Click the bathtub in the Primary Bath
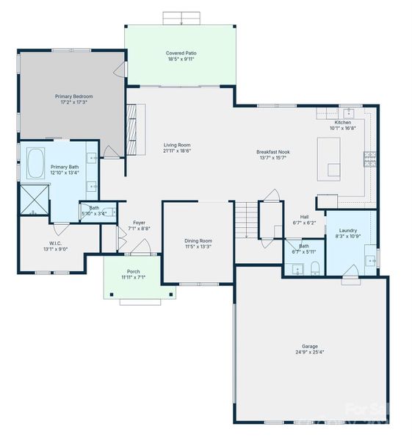coord(36,163)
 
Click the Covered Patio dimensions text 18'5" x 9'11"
coord(181,60)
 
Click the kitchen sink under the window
coord(347,112)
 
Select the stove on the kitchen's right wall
coord(370,157)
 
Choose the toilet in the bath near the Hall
coord(314,267)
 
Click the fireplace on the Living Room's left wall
coord(132,129)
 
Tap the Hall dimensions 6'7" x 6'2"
coord(303,222)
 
